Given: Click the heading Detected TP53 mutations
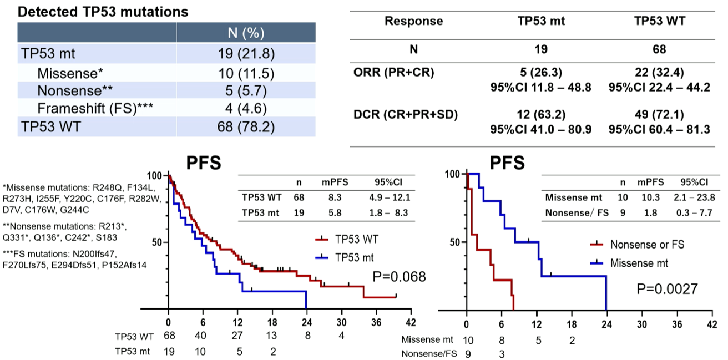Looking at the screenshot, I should click(x=103, y=12).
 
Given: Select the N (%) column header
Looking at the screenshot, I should click(x=246, y=33).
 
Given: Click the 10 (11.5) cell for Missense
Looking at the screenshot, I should click(x=246, y=73).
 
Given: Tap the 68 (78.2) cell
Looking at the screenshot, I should click(x=246, y=126).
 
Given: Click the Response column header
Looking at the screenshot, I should click(x=414, y=21).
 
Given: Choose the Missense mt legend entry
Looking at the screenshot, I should click(x=639, y=263).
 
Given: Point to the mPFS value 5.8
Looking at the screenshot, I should click(x=327, y=211).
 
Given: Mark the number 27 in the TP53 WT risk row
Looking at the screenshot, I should click(x=238, y=336).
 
